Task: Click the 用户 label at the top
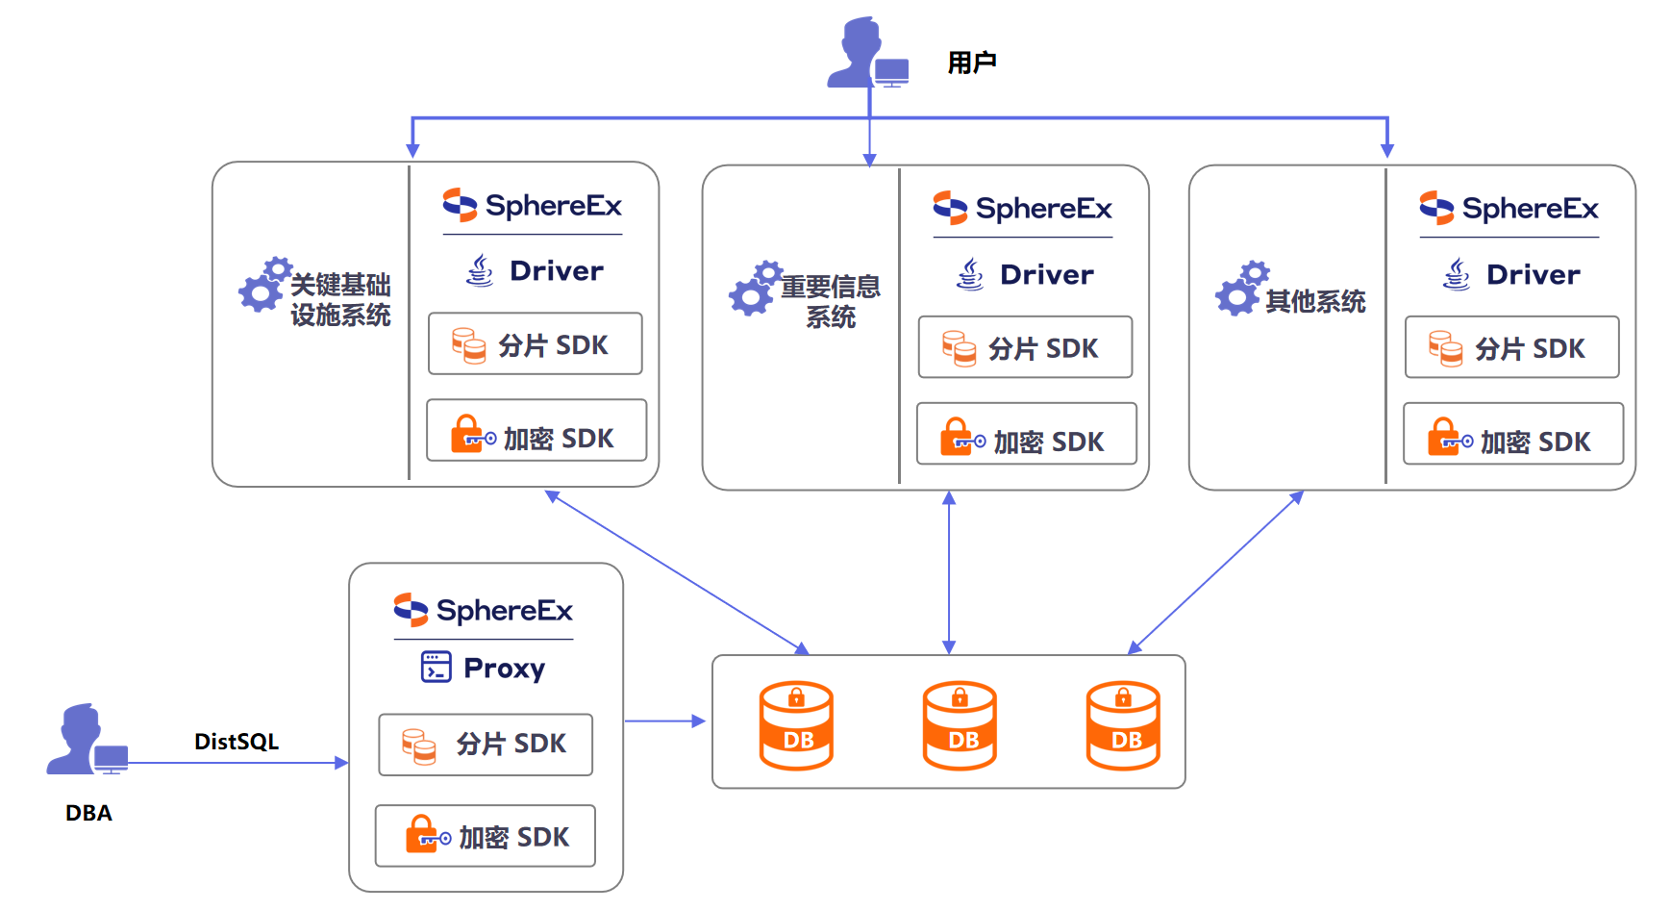pos(971,63)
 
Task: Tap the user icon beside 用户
pos(866,54)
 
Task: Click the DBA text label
pos(88,813)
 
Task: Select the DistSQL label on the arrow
pos(237,742)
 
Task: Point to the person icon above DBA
pos(85,739)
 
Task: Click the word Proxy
pos(504,668)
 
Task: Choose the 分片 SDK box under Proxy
pos(486,744)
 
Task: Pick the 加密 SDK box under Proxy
pos(486,836)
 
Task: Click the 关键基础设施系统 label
pos(340,300)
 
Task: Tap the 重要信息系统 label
pos(830,302)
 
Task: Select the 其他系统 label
pos(1315,302)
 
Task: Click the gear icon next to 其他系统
pos(1241,288)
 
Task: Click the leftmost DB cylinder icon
pos(796,726)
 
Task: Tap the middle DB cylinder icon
pos(960,726)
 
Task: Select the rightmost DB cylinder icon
pos(1123,726)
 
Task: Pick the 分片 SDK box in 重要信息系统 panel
pos(1025,347)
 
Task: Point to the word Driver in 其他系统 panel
pos(1533,275)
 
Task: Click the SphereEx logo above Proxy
pos(484,610)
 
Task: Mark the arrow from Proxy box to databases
pos(664,720)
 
